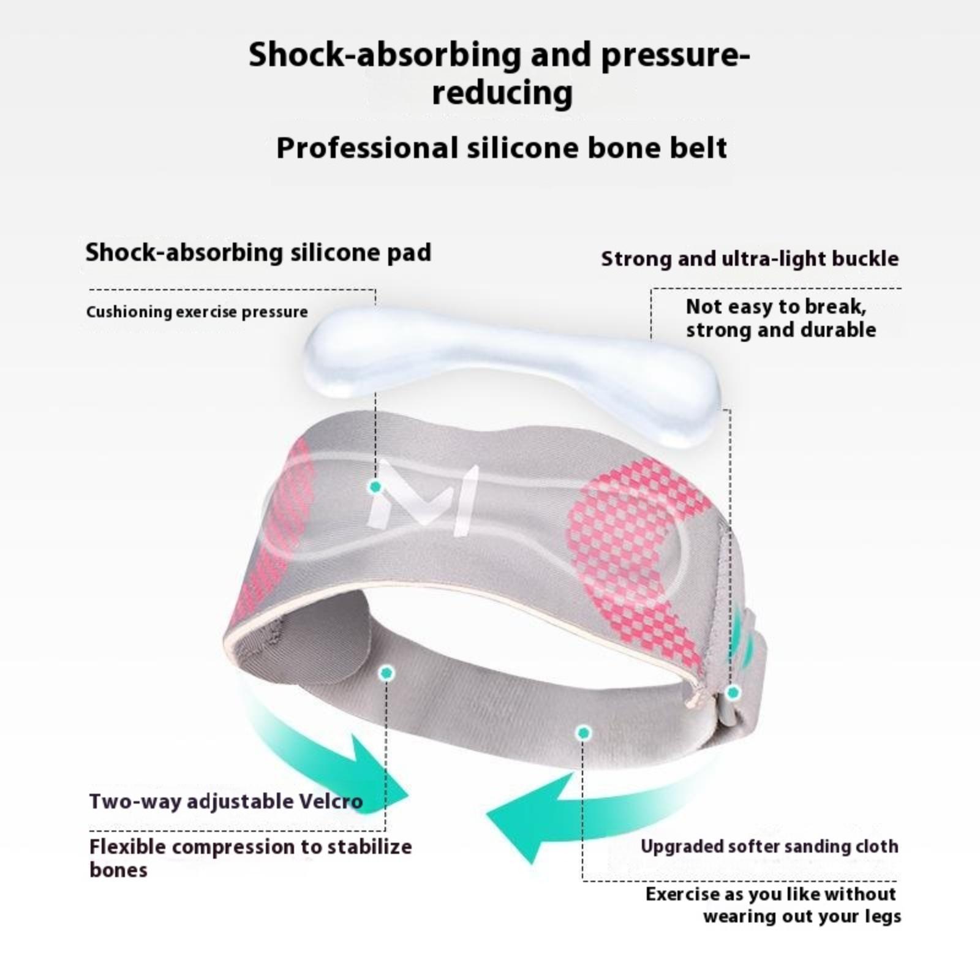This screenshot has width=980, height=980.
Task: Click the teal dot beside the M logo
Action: [x=375, y=487]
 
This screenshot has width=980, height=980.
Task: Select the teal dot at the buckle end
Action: [x=733, y=693]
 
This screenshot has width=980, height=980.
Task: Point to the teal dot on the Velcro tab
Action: [x=386, y=673]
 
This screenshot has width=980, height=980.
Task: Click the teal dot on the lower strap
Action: [x=584, y=733]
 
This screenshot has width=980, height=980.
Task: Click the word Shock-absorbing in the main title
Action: [x=385, y=55]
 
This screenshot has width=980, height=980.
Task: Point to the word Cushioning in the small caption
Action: [x=129, y=312]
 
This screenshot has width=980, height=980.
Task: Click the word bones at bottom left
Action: [x=118, y=870]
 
